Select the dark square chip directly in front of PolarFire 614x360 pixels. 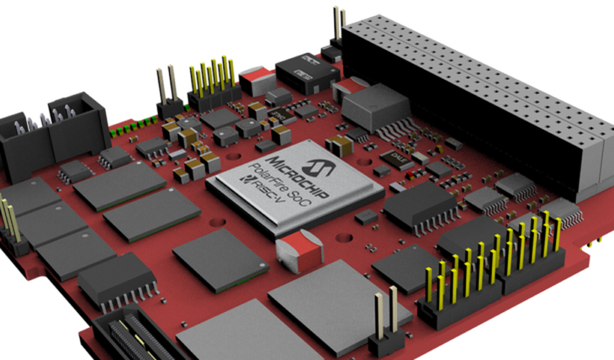(x=214, y=261)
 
